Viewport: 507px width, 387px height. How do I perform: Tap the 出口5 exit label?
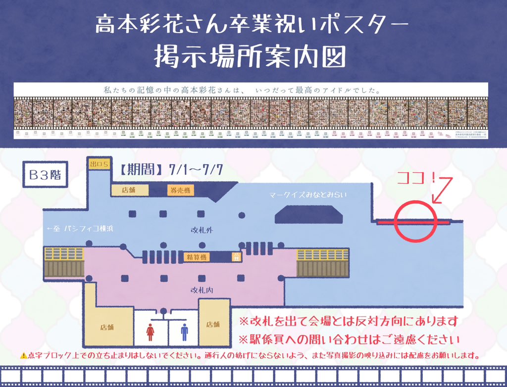[x=98, y=163]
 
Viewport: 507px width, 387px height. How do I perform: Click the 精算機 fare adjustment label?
[x=197, y=257]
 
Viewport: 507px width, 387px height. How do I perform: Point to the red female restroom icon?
[x=150, y=332]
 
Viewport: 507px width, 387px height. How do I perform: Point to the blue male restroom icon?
[x=184, y=332]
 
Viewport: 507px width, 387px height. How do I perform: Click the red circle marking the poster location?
[x=415, y=221]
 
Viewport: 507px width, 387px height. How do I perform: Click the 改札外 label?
[x=201, y=230]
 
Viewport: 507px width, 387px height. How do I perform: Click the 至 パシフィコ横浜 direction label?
[x=79, y=229]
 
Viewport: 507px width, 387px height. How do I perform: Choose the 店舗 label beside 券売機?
[x=129, y=190]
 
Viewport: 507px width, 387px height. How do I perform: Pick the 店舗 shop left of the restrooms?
[x=108, y=327]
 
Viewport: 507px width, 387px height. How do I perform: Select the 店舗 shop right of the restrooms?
[x=214, y=324]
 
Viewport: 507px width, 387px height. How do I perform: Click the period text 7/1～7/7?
[x=196, y=169]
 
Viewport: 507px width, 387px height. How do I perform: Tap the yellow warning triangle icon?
[x=23, y=355]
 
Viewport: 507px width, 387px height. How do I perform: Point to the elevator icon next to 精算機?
[x=236, y=257]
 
